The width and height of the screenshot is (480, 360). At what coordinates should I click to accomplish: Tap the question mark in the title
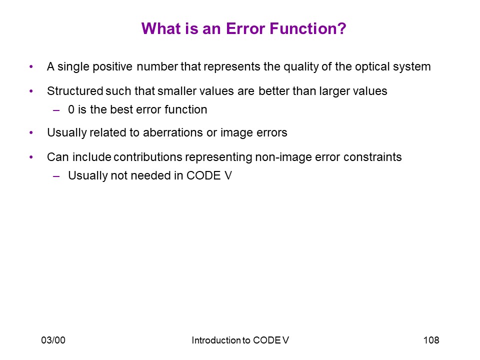(342, 28)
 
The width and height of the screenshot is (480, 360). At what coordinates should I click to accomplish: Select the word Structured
(75, 91)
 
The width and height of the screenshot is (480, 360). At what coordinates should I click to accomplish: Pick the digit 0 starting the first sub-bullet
(71, 109)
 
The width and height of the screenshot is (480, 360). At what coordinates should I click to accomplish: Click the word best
(121, 109)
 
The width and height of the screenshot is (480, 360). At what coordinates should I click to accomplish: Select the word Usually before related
(66, 133)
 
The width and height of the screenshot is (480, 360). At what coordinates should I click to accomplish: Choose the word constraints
(372, 157)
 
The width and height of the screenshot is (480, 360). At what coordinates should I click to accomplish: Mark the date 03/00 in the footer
(53, 340)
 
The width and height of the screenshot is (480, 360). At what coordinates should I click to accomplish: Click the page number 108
(431, 340)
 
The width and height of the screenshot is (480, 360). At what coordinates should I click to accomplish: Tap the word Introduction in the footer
(216, 340)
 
